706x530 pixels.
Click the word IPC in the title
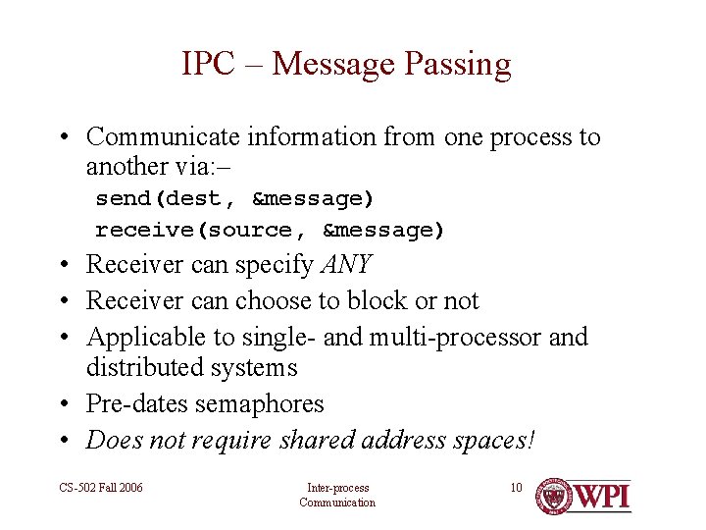(208, 64)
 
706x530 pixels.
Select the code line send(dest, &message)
(234, 198)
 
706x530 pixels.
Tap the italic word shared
(317, 440)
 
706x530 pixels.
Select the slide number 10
(516, 488)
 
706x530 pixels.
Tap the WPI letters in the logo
(602, 496)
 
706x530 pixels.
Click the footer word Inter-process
(337, 488)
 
